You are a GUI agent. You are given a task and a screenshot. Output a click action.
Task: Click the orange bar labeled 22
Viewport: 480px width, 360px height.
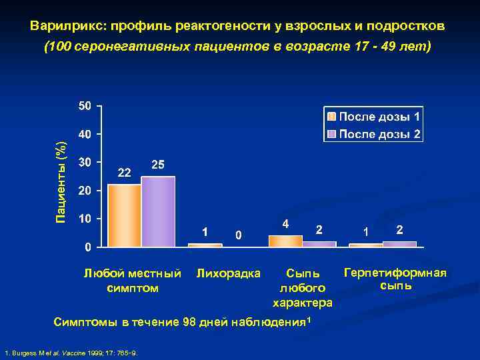point(124,215)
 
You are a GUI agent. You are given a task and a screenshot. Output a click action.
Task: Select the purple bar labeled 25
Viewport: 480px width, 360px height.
point(158,211)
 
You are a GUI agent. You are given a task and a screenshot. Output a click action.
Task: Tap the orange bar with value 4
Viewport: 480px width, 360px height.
point(285,241)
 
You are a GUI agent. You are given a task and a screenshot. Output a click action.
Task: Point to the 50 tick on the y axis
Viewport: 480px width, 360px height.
point(85,106)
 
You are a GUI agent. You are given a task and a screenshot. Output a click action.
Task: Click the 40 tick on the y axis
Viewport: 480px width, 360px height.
point(85,134)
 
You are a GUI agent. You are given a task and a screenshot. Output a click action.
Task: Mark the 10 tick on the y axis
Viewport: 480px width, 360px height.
point(85,219)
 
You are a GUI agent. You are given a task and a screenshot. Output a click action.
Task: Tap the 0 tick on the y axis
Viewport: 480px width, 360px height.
point(88,247)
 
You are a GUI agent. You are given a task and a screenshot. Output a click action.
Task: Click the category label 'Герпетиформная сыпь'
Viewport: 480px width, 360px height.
point(395,279)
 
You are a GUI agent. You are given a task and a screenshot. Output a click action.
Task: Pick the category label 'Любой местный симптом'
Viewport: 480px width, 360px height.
point(132,280)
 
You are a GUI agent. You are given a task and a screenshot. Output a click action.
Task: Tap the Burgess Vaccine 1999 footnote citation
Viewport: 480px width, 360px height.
point(71,351)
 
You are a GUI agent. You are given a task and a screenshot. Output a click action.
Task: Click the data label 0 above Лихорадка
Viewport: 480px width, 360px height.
point(239,235)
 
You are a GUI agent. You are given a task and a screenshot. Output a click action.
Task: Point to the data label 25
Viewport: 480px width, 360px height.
point(159,165)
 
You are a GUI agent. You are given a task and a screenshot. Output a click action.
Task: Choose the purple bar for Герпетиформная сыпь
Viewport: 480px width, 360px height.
point(399,244)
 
